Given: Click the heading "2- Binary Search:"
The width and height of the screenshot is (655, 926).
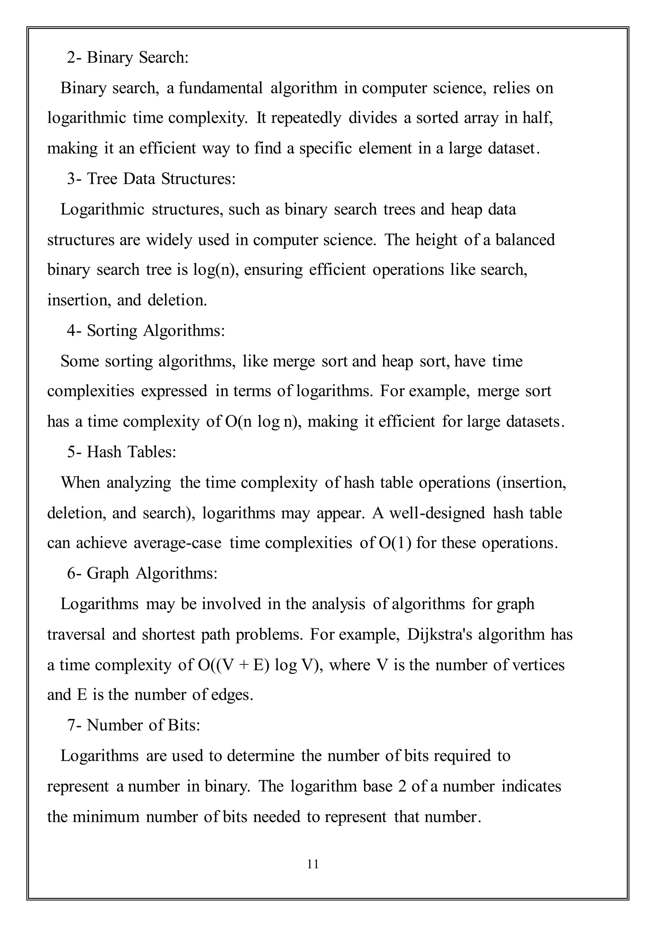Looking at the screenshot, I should pyautogui.click(x=128, y=58).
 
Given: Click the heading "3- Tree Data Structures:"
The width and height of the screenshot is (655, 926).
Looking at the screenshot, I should pyautogui.click(x=151, y=179).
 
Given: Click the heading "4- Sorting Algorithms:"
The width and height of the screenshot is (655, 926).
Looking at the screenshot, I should pyautogui.click(x=146, y=330).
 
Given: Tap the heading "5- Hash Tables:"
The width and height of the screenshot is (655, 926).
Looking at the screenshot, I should pyautogui.click(x=122, y=452).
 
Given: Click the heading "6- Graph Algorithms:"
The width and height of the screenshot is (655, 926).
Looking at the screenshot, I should pyautogui.click(x=142, y=573).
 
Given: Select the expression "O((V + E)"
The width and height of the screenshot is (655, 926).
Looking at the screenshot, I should pyautogui.click(x=233, y=665).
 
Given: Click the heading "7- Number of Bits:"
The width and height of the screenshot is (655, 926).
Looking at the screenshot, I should pyautogui.click(x=133, y=725).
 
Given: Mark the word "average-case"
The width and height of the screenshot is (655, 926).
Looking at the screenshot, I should pyautogui.click(x=178, y=543).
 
